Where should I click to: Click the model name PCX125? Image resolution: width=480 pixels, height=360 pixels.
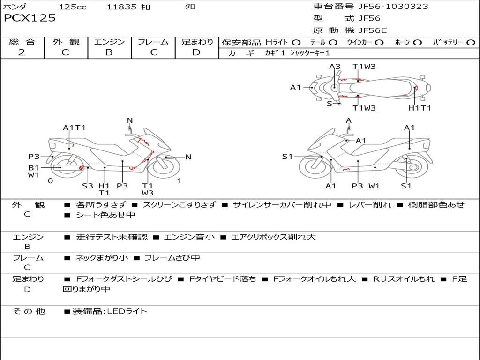point(30,18)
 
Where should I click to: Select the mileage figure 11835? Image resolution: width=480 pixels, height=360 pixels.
point(121,7)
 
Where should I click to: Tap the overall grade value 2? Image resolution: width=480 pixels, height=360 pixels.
point(22,52)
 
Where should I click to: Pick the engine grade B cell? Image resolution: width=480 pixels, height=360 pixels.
point(109,52)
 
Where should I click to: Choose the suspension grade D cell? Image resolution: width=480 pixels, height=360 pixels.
point(196,52)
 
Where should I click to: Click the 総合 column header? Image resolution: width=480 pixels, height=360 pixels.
point(22,42)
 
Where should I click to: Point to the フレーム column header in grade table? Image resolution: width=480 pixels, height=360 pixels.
point(153,42)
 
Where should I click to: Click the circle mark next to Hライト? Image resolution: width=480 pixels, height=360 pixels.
point(296,43)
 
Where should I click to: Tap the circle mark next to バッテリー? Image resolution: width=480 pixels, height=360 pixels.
point(471,43)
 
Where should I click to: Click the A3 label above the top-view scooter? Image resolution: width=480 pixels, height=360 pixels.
point(335,67)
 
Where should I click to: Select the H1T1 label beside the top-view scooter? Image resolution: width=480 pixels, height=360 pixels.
point(420,108)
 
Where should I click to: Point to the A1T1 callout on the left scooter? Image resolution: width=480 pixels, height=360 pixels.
point(74,127)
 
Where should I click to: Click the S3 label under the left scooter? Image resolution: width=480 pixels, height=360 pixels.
point(88,186)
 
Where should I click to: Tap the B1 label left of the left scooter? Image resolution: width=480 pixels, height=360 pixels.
point(33,168)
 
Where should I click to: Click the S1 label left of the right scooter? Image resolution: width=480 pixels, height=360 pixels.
point(287,157)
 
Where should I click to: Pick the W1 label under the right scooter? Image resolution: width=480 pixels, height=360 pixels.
point(374,186)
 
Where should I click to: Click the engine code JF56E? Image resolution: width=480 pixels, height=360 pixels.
point(372,30)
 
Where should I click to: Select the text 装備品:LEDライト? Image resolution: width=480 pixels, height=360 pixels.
point(109,311)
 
